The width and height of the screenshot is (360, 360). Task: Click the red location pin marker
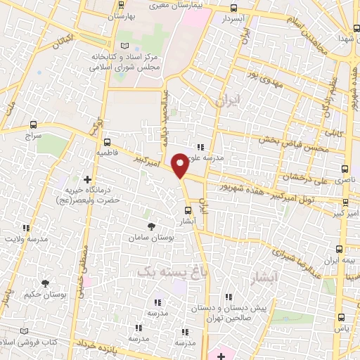pos(180,165)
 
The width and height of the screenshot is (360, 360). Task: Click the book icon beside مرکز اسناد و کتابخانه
pos(125,46)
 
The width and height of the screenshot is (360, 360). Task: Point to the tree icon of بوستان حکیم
pos(46,283)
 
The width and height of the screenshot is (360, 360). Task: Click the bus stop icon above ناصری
pos(344,169)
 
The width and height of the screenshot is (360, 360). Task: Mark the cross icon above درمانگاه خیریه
pos(87,180)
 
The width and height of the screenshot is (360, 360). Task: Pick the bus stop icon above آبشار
pos(188,210)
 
